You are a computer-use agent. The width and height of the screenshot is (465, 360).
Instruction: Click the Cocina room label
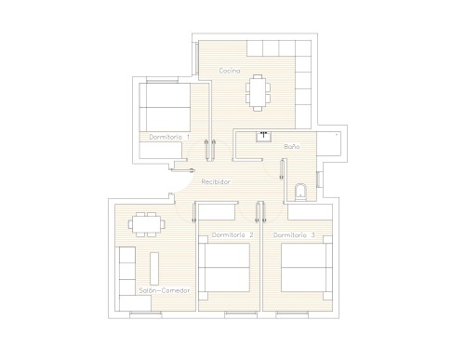[x=230, y=71]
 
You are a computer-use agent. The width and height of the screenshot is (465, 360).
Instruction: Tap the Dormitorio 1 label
[x=169, y=137]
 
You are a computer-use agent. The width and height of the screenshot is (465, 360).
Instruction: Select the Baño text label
[x=292, y=146]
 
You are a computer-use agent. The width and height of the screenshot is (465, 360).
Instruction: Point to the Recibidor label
[x=216, y=181]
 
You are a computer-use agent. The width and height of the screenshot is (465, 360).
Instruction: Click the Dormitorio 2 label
[x=232, y=234]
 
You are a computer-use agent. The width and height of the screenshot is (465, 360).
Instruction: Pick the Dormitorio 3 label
[x=294, y=235]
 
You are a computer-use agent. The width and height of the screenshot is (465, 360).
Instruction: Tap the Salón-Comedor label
[x=165, y=290]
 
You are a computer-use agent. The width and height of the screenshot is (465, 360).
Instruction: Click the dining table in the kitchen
[x=258, y=93]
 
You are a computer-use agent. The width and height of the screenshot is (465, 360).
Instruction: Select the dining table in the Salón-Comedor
[x=147, y=224]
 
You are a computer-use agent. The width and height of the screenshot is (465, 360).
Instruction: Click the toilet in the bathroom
[x=300, y=193]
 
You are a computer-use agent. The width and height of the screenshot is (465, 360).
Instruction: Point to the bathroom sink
[x=264, y=137]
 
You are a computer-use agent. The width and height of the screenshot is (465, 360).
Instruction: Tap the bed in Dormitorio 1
[x=165, y=107]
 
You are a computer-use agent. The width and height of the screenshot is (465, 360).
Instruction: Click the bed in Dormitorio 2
[x=227, y=267]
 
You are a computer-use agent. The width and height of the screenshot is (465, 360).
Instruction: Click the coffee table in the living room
[x=154, y=269]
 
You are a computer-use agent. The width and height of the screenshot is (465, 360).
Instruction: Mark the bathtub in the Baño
[x=329, y=144]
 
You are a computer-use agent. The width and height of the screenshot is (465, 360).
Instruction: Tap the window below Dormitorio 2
[x=241, y=314]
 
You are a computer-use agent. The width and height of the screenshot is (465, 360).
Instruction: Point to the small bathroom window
[x=318, y=180]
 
